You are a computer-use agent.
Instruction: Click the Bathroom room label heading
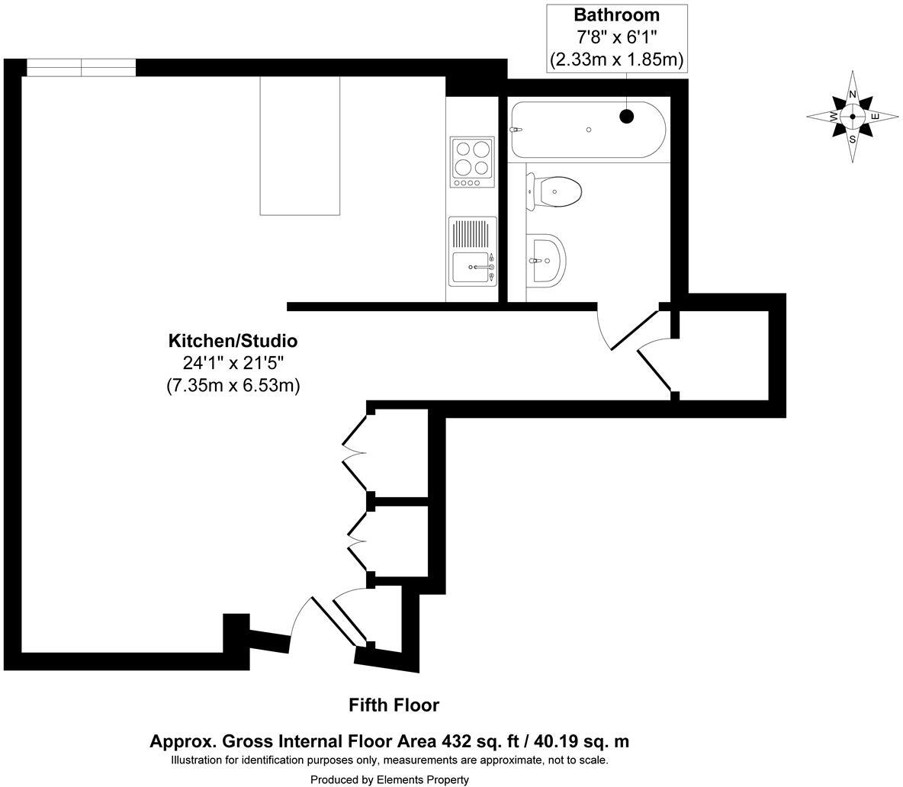pos(616,15)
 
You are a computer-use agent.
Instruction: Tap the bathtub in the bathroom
pos(587,130)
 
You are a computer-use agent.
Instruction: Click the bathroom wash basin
pos(548,259)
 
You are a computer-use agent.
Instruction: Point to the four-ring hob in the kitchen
pos(472,162)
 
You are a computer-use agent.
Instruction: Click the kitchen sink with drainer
pos(472,251)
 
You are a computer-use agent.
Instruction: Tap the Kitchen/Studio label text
pos(233,341)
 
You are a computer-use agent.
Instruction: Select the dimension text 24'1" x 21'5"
pos(233,363)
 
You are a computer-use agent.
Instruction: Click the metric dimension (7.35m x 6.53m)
pos(233,385)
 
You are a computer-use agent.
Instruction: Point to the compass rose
pos(853,117)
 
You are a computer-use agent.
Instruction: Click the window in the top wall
pos(82,68)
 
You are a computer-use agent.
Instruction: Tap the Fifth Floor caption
pos(394,705)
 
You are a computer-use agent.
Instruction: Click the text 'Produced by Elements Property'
pos(389,779)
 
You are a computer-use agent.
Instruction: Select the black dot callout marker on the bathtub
pos(626,116)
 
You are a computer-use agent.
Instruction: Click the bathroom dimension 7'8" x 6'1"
pos(616,37)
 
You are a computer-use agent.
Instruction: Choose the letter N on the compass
pos(853,95)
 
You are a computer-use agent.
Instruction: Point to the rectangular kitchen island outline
pos(300,145)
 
